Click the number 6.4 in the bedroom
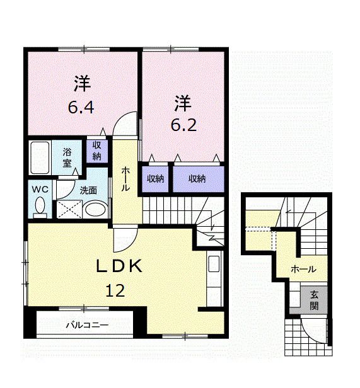click(81, 107)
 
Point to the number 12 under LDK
click(115, 290)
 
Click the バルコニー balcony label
click(88, 326)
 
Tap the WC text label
click(39, 188)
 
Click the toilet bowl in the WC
click(40, 206)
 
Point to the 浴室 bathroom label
click(67, 157)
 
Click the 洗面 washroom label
click(88, 190)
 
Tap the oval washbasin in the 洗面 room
click(96, 209)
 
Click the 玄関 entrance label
click(313, 300)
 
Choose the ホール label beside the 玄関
click(303, 270)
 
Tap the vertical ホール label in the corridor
click(125, 179)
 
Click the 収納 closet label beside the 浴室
click(98, 152)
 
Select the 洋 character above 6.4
click(81, 83)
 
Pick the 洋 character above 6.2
click(182, 100)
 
